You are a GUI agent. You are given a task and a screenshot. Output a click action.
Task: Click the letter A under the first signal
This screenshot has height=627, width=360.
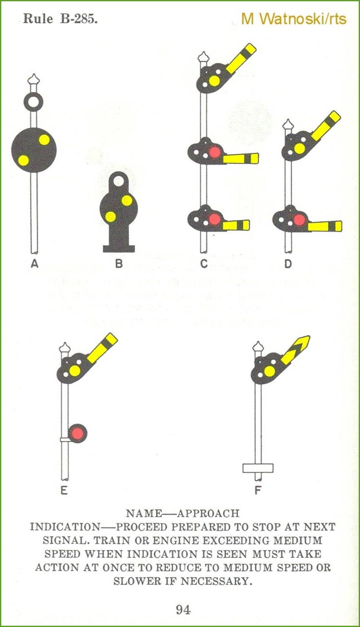coord(34,264)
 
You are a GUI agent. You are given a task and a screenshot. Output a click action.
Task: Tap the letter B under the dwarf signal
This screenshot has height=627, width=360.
coord(119,264)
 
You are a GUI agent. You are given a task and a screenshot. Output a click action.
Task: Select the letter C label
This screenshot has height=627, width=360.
coord(204,264)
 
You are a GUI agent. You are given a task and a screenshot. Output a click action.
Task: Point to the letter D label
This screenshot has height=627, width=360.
coord(288,264)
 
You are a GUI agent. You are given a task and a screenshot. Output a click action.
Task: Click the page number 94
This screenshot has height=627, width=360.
coord(183,609)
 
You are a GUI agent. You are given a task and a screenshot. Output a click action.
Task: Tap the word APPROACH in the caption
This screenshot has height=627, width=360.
coord(208,514)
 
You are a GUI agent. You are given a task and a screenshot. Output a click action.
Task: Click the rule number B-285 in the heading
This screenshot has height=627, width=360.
coord(79,19)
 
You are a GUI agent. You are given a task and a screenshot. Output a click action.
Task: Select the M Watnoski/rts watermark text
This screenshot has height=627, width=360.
coord(294,19)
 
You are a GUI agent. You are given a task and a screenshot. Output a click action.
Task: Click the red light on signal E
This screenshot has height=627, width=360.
coord(77,434)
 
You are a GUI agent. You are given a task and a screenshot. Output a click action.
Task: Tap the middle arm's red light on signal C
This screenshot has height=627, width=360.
coord(215,152)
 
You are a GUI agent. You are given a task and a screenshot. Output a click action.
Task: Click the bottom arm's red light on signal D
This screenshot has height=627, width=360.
coord(299,220)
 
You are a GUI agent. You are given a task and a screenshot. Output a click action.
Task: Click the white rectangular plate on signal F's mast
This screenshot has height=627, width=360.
coord(258,468)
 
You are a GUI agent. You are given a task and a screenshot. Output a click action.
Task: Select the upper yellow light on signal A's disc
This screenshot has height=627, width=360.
coord(44,140)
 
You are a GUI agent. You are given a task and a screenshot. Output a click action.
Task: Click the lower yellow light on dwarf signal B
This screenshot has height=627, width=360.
coord(110,216)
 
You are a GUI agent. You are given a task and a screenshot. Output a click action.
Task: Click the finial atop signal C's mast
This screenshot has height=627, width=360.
coord(203,57)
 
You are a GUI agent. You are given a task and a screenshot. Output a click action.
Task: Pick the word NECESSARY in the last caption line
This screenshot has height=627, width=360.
coord(214,581)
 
